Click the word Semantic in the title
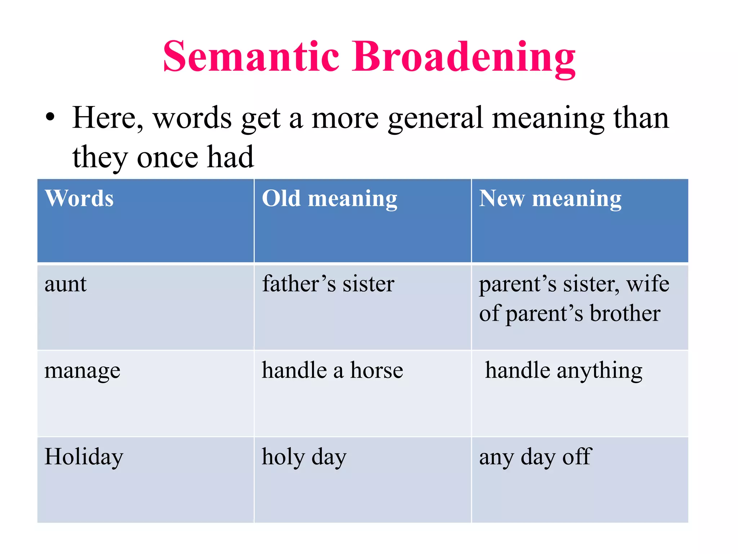[x=251, y=57]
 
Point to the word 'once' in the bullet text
[x=168, y=158]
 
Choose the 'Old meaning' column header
[x=329, y=199]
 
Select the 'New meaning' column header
[x=550, y=199]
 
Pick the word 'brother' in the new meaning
[x=625, y=313]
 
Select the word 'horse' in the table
[x=377, y=370]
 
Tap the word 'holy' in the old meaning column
[x=283, y=457]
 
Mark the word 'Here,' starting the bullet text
[x=107, y=118]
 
